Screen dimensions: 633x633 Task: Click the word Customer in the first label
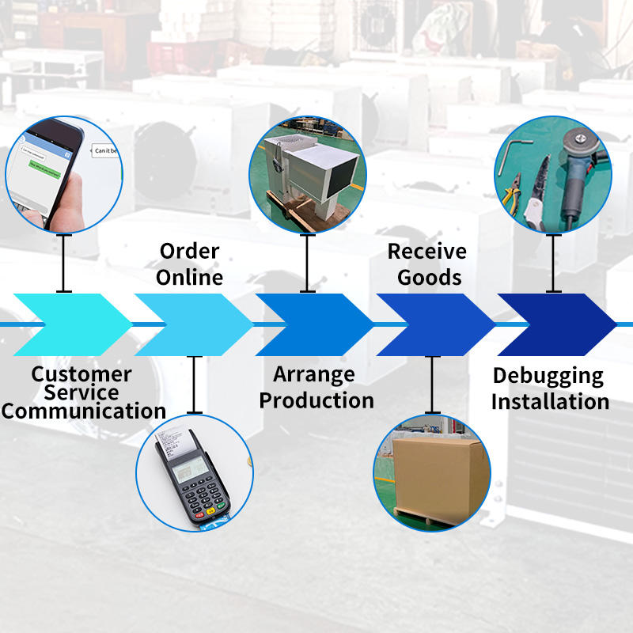click(x=81, y=373)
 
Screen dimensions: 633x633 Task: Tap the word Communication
click(x=84, y=411)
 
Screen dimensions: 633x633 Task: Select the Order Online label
click(x=189, y=264)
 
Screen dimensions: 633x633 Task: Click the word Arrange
click(x=314, y=373)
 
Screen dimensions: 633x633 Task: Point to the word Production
click(x=316, y=400)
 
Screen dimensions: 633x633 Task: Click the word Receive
click(x=426, y=252)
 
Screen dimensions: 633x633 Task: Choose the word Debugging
click(x=548, y=375)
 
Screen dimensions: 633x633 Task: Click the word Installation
click(x=550, y=401)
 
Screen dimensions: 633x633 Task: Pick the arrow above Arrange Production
click(x=313, y=324)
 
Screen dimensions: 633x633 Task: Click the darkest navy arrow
click(x=554, y=324)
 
